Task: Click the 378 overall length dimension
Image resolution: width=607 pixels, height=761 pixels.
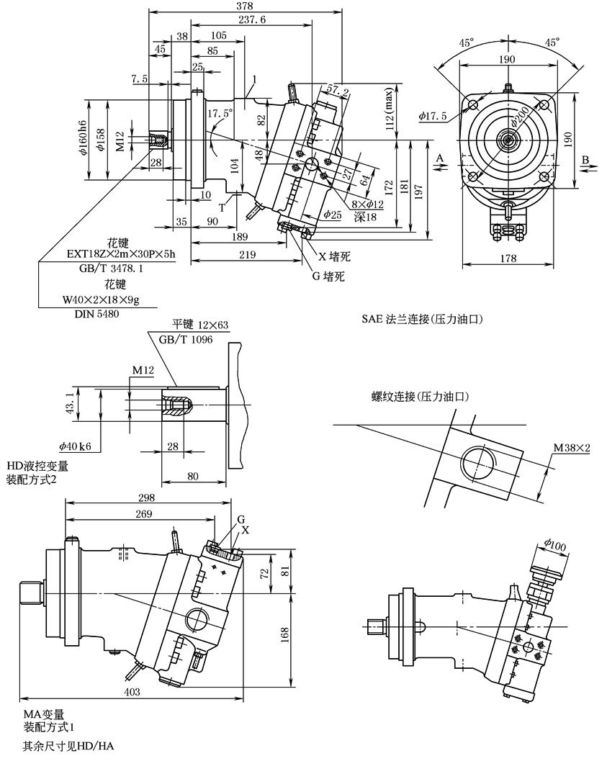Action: (x=245, y=6)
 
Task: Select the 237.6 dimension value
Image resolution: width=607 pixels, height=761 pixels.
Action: (x=252, y=20)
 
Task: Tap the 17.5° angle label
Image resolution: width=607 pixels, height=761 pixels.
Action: (x=220, y=114)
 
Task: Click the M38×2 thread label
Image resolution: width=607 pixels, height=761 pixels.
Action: (x=572, y=449)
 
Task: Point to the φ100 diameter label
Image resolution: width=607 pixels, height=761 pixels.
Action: (x=555, y=546)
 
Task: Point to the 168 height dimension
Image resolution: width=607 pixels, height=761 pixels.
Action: (x=284, y=634)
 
